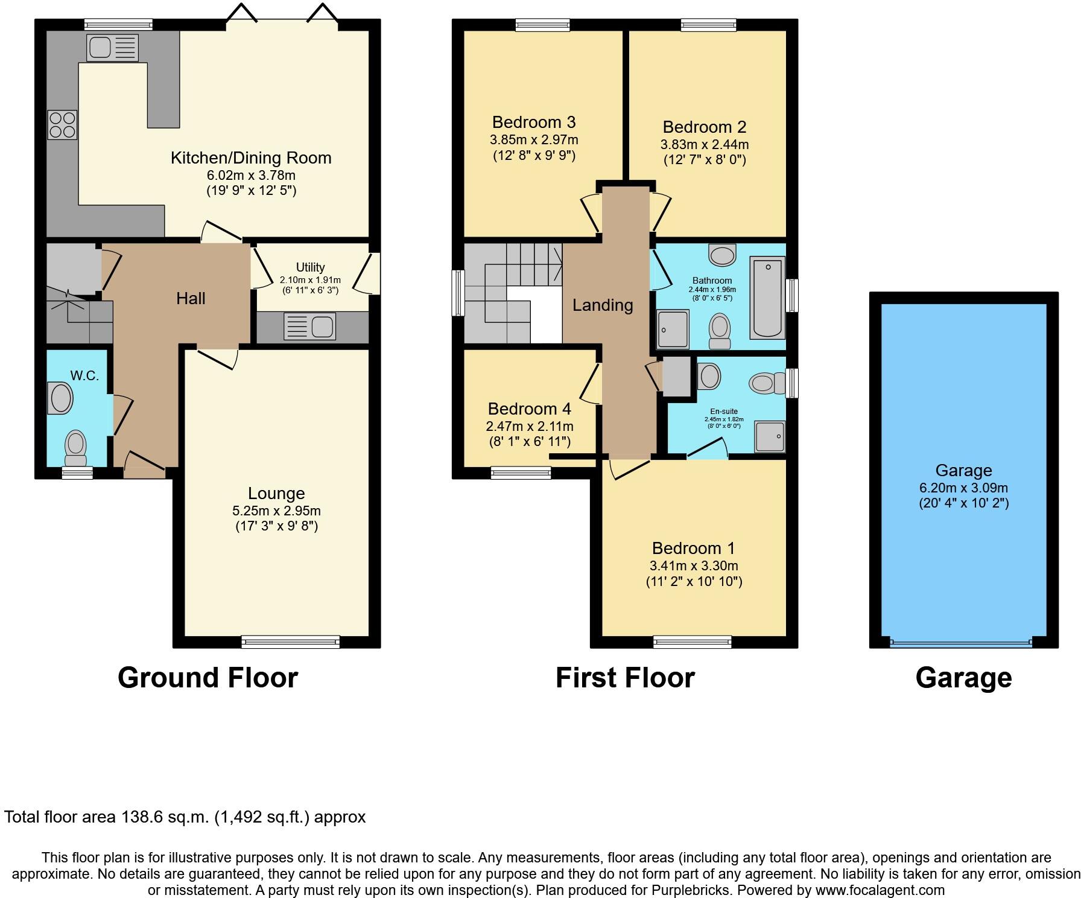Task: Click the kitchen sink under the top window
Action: click(112, 48)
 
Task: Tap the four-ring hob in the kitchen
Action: click(62, 125)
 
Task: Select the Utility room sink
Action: click(309, 327)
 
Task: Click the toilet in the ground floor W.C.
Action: click(76, 446)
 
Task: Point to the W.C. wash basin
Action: click(61, 398)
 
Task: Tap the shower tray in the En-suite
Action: click(770, 436)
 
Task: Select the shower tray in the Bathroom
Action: click(673, 329)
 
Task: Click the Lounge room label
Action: click(276, 494)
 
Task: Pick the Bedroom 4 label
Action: click(529, 409)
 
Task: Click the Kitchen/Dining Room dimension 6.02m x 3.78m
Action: click(251, 176)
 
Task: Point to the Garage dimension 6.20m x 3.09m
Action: click(963, 488)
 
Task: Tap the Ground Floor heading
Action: click(208, 678)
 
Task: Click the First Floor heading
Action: click(624, 678)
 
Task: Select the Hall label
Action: click(191, 298)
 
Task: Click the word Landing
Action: click(602, 305)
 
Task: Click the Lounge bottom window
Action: click(290, 642)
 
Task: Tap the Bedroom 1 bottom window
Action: click(692, 642)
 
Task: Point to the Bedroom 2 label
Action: click(704, 127)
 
